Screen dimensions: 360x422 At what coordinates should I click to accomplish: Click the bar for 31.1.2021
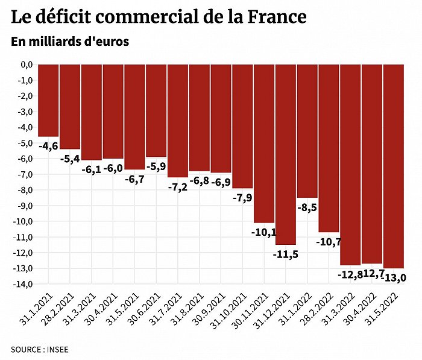click(48, 100)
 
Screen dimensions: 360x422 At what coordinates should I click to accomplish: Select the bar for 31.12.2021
click(286, 154)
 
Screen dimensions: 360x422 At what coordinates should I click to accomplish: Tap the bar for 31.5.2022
click(394, 166)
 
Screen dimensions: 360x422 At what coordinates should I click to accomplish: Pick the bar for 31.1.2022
click(307, 131)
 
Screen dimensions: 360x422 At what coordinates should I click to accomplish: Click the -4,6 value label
click(48, 145)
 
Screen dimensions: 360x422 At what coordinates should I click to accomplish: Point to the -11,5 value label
click(286, 254)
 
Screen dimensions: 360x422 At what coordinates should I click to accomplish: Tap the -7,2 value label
click(178, 186)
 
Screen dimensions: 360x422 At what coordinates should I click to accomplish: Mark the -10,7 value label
click(329, 242)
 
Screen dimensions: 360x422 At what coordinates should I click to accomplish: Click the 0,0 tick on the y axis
click(25, 65)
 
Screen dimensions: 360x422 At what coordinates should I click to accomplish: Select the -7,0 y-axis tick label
click(25, 174)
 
